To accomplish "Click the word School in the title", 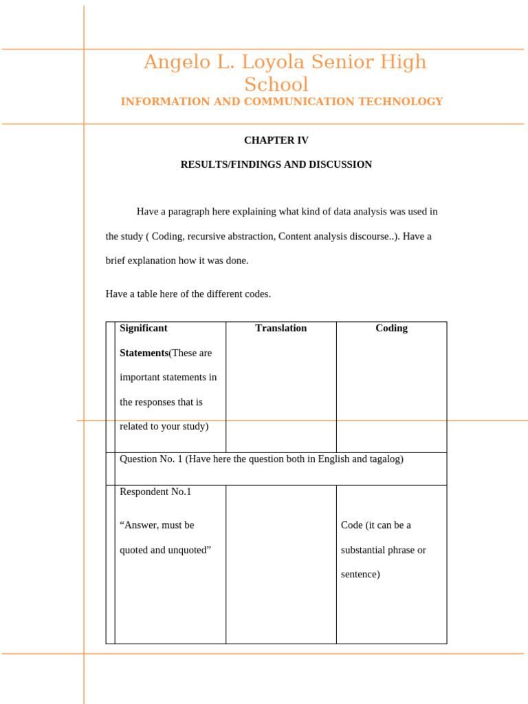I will coord(276,85).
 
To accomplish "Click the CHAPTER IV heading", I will coord(276,140).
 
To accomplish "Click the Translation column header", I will coord(280,329).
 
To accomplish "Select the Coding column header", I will coord(391,329).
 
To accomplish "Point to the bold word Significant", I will coord(143,329).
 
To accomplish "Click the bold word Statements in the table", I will coord(144,353).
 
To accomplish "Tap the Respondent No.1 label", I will coord(155,492).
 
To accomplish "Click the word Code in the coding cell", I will coord(352,525).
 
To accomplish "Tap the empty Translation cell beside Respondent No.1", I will coord(280,564).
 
